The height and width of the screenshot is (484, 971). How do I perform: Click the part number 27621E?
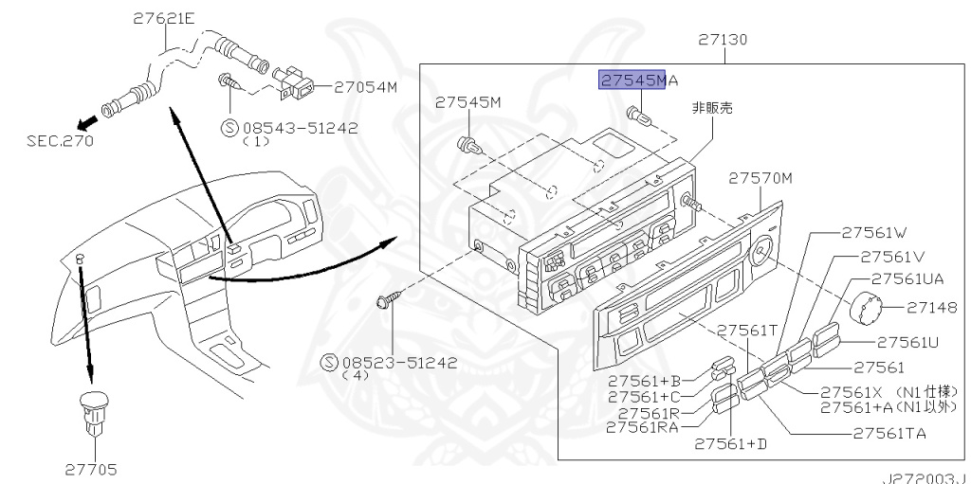164,19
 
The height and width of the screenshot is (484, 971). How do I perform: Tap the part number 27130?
723,40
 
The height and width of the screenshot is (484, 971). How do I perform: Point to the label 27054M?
365,88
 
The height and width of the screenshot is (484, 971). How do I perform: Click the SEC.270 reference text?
60,141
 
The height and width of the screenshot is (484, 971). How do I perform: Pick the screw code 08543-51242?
300,128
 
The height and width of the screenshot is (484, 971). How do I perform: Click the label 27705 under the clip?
91,470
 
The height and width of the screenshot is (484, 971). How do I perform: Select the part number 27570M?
760,178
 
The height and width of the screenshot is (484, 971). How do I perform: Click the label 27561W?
873,233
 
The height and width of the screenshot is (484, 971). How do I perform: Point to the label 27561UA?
907,279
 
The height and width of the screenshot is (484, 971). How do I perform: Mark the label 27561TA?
889,433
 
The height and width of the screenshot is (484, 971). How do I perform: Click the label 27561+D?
731,444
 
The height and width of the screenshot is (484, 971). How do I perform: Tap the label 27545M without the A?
467,102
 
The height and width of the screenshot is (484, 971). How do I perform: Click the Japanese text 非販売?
712,108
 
